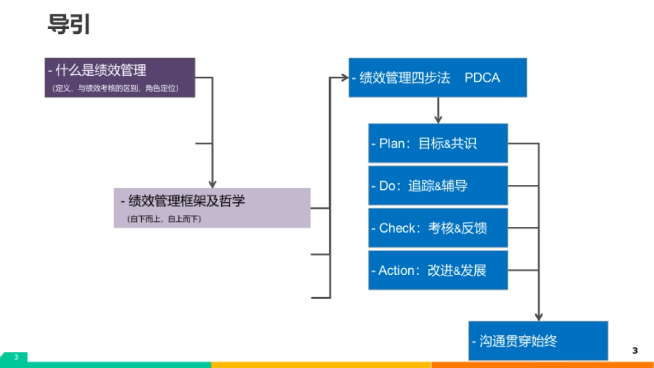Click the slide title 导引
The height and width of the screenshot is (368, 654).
coord(69,24)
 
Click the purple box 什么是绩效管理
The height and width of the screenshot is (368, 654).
coord(119,77)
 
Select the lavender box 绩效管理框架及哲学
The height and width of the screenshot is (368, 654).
coord(212,208)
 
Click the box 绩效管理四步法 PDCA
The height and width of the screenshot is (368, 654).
coord(438,77)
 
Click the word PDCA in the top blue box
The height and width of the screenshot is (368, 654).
coord(482,78)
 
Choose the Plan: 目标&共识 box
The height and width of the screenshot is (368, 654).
coord(438,143)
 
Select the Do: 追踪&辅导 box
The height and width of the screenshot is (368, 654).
coord(438,186)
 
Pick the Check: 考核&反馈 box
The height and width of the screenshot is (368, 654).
coord(438,228)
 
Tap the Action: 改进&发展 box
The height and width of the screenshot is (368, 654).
coord(438,270)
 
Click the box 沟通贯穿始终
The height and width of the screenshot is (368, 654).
coord(538,341)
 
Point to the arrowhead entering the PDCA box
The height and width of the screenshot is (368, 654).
coord(344,77)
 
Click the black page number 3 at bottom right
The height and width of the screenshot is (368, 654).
coord(634,351)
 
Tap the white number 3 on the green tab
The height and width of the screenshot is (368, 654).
coord(16,357)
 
